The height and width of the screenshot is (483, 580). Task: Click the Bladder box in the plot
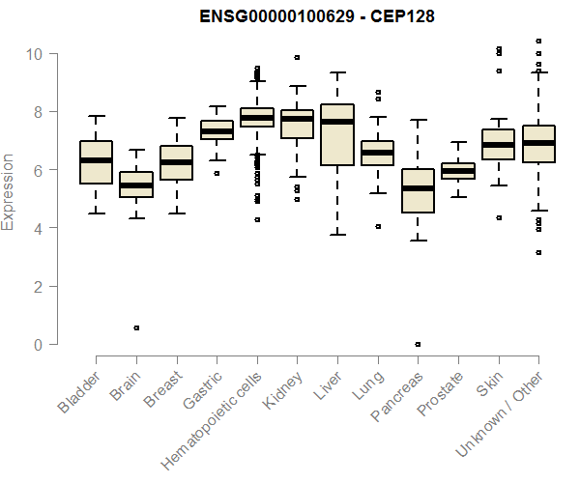(x=97, y=162)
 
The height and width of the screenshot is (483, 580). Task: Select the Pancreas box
(x=418, y=190)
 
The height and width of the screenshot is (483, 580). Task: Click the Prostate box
(x=458, y=171)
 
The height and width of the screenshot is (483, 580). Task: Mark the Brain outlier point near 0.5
(x=136, y=327)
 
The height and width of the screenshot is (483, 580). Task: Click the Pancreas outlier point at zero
(x=418, y=344)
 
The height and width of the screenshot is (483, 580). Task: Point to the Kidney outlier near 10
(x=297, y=57)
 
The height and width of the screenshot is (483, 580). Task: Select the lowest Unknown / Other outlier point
(x=538, y=252)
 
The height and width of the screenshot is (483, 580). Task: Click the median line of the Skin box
(x=498, y=145)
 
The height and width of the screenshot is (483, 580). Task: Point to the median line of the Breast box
(x=177, y=162)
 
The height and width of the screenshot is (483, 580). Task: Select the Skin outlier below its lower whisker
(x=498, y=218)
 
